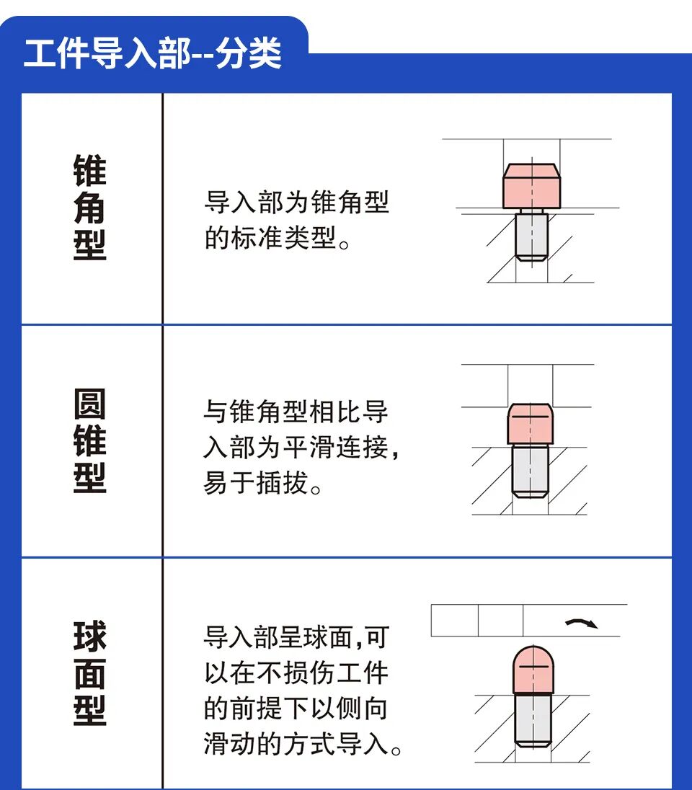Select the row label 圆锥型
tap(89, 440)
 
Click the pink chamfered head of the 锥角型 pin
tap(531, 187)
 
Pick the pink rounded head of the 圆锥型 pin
tap(531, 425)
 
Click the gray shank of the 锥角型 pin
tap(531, 236)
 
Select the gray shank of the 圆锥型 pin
tap(531, 470)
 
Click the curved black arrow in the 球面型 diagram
tap(582, 623)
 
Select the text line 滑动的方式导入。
tap(303, 745)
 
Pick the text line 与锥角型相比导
tap(296, 412)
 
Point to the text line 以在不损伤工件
tap(296, 673)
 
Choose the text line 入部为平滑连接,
tap(301, 448)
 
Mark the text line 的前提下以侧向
tap(296, 709)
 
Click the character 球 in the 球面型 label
tap(89, 636)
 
